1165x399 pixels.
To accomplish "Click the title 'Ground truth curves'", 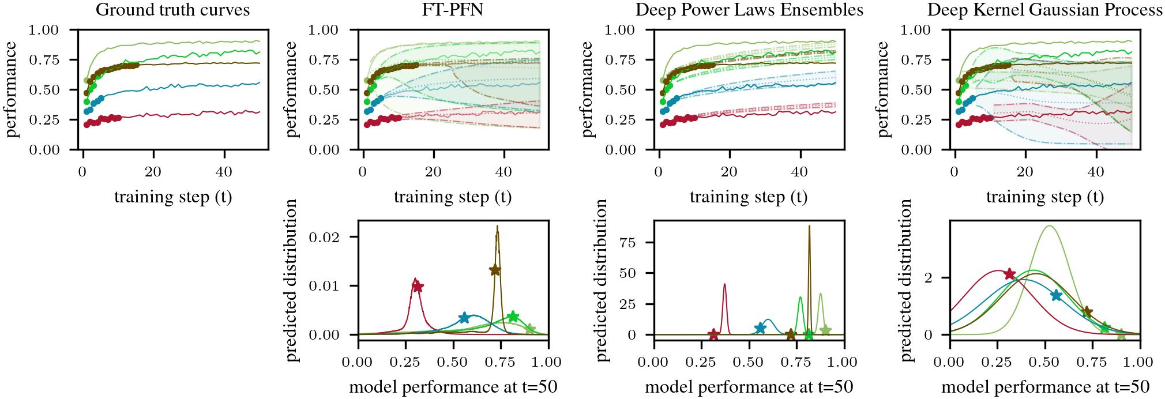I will [173, 10].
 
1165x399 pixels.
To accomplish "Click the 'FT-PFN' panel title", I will [453, 10].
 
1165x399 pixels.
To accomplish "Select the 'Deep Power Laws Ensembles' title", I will [749, 10].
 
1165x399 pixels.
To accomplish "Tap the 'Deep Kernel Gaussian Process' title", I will [1044, 10].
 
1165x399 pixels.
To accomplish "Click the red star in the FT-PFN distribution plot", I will [418, 286].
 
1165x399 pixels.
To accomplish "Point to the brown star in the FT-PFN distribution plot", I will [495, 270].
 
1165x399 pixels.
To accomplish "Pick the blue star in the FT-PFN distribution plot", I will [464, 318].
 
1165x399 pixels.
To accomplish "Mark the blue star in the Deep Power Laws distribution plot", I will [760, 328].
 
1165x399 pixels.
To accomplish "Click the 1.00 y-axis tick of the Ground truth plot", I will [55, 30].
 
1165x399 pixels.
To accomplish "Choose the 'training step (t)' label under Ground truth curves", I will [173, 197].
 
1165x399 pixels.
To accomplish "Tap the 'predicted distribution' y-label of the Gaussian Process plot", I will [906, 281].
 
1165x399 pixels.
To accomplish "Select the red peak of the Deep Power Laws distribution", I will [724, 284].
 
